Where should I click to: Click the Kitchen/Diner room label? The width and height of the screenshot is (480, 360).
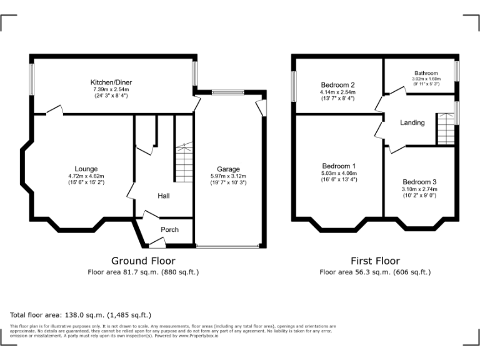tap(112, 82)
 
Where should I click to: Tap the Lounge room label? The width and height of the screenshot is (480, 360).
tap(86, 169)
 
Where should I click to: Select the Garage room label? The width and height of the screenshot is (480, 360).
tap(228, 169)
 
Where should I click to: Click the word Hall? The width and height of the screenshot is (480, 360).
tap(164, 196)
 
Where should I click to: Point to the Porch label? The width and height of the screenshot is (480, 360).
tap(169, 229)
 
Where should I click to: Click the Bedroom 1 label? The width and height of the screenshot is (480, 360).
tap(337, 166)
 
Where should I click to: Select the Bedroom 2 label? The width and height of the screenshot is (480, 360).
tap(337, 85)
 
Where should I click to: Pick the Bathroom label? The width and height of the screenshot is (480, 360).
tap(426, 73)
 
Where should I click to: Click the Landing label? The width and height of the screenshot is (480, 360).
tap(412, 122)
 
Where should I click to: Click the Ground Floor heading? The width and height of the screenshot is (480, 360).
tap(143, 261)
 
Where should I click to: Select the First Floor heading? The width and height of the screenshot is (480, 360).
tap(375, 261)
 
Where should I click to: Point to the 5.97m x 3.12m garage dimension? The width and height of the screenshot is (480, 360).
tap(228, 176)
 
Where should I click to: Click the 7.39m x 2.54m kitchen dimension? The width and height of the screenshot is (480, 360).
tap(112, 89)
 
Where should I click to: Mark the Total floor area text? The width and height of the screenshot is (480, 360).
tap(81, 314)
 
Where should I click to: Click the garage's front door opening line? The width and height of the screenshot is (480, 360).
tap(227, 247)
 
